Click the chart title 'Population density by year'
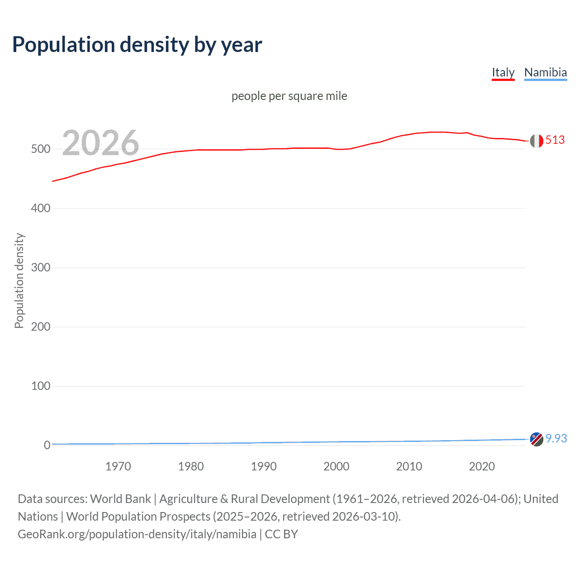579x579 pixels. point(137,45)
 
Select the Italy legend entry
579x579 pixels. point(503,72)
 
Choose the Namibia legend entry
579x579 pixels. point(545,72)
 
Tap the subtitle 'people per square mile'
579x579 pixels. point(289,96)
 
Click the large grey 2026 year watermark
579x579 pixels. point(100,143)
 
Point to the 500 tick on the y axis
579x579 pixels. point(40,149)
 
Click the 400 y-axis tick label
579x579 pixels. point(40,209)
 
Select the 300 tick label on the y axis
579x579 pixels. point(40,268)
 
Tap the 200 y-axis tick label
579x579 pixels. point(40,327)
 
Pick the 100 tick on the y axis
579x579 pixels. point(40,386)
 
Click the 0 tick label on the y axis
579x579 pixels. point(47,446)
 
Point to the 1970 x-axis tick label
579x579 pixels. point(118,466)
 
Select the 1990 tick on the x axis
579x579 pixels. point(264,466)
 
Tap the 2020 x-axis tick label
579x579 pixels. point(482,466)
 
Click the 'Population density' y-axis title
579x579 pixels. point(19,280)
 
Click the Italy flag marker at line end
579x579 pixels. point(536,141)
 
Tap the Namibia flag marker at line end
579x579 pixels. point(536,439)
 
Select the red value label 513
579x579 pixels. point(555,140)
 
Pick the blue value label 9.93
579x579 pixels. point(556,438)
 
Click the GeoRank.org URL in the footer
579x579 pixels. point(137,534)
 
